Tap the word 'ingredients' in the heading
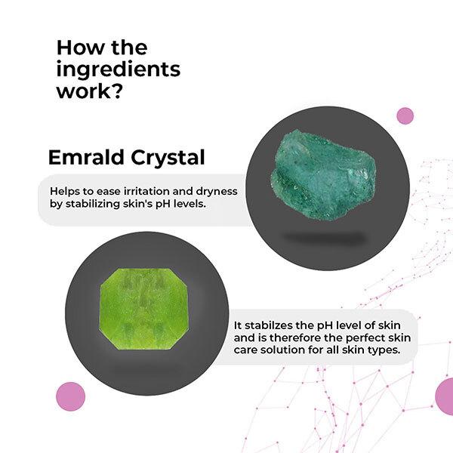119,70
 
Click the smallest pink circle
405,116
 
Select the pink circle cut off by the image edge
445,396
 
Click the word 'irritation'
149,191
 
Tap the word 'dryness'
216,191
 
